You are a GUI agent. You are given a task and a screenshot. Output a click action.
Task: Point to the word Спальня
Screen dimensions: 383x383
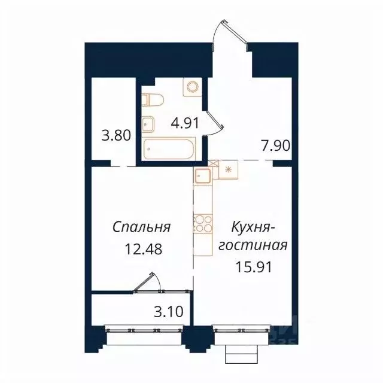(142, 227)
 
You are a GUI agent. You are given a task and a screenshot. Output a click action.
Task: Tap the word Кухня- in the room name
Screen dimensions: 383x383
(252, 227)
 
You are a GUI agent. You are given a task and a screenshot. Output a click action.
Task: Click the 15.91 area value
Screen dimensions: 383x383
(254, 267)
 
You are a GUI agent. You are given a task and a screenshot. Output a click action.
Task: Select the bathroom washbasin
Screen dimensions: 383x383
(148, 124)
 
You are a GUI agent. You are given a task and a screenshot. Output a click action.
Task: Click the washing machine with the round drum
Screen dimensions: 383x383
(193, 88)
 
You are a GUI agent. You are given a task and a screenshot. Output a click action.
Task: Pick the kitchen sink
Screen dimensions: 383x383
(202, 177)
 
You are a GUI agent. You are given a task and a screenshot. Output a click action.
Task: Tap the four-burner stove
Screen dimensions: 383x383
(202, 223)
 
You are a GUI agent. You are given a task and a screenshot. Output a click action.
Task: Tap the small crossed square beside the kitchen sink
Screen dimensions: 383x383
(214, 162)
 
